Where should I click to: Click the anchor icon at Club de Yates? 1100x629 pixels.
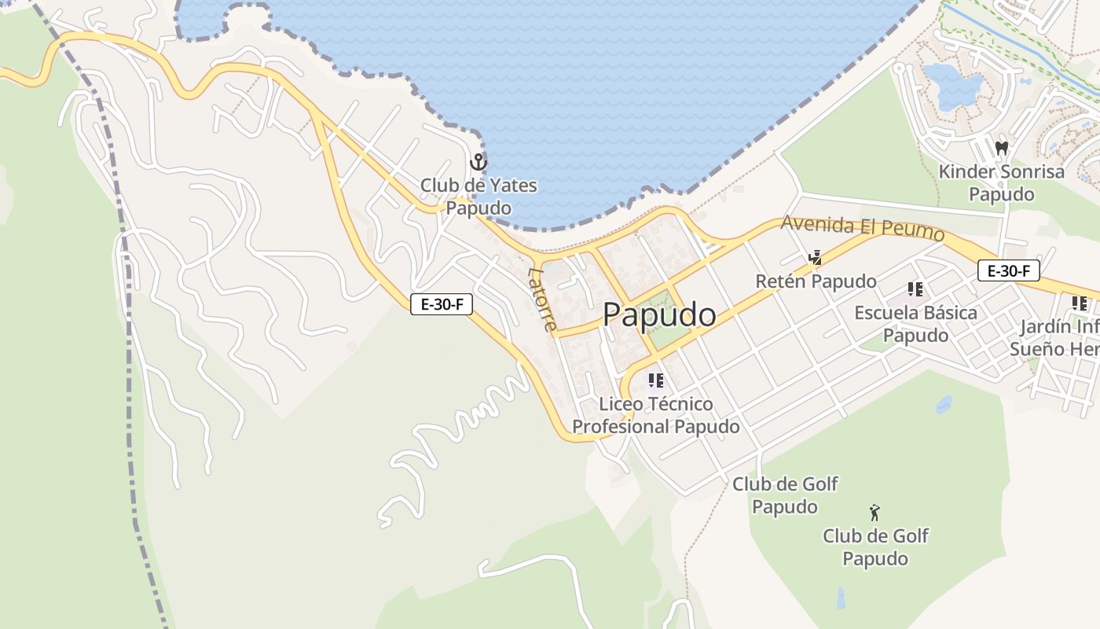[x=478, y=163]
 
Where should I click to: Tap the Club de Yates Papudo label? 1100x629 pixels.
[x=478, y=197]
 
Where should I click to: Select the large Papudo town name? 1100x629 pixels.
[x=659, y=314]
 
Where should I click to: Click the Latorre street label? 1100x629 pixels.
[x=543, y=300]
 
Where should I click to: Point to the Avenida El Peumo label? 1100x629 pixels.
[x=862, y=228]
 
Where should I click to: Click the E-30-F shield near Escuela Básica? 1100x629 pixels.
[x=1009, y=271]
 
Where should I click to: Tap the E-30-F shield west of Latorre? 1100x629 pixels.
[x=442, y=304]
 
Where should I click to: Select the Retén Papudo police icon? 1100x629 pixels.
[x=816, y=257]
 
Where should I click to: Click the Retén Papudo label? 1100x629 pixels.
[x=816, y=281]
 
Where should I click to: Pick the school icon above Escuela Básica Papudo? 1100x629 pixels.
[x=915, y=289]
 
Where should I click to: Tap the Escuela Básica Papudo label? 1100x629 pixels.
[x=915, y=324]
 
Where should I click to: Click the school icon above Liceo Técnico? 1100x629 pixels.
[x=655, y=381]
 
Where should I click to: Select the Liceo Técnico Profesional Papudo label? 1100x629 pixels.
[x=655, y=415]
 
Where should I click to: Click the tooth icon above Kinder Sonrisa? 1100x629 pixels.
[x=1001, y=148]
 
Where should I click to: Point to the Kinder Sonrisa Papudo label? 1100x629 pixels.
[x=1001, y=182]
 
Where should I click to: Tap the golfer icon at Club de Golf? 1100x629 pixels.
[x=874, y=513]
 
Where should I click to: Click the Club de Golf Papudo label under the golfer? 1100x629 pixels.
[x=875, y=547]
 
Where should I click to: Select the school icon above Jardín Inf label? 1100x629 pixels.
[x=1079, y=303]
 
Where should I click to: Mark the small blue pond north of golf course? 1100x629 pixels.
[x=944, y=405]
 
